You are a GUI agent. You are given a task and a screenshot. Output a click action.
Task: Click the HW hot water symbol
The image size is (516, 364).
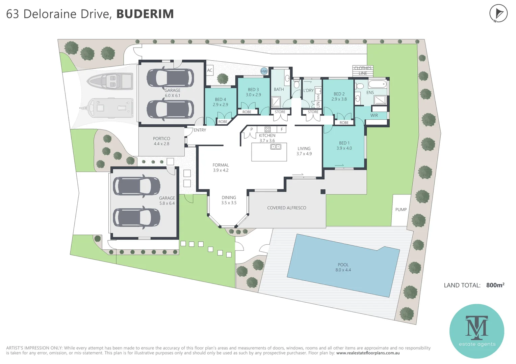pyautogui.click(x=264, y=71)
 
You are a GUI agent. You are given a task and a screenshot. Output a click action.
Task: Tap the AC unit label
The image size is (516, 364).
pyautogui.click(x=210, y=70)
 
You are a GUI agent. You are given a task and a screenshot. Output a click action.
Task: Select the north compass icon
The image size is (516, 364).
pyautogui.click(x=498, y=14)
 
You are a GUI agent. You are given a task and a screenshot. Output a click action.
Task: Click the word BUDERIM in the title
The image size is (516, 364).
pyautogui.click(x=145, y=14)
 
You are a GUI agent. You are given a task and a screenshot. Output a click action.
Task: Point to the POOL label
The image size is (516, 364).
pyautogui.click(x=343, y=265)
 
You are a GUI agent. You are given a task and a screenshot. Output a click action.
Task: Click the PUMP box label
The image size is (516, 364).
pyautogui.click(x=401, y=210)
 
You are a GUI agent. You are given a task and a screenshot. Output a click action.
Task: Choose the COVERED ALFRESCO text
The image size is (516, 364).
pyautogui.click(x=286, y=208)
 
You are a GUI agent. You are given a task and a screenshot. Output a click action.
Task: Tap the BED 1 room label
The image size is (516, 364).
pyautogui.click(x=344, y=143)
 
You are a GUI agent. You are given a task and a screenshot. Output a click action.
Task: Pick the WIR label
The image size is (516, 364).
pyautogui.click(x=374, y=115)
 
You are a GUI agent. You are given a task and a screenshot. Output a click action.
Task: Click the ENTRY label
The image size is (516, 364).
pyautogui.click(x=200, y=130)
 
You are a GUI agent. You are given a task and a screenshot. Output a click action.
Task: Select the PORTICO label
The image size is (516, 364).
pyautogui.click(x=161, y=139)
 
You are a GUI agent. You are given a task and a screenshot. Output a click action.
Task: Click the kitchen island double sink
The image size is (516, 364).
pyautogui.click(x=276, y=147)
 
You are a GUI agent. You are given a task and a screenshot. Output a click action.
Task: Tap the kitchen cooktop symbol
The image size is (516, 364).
pyautogui.click(x=267, y=129)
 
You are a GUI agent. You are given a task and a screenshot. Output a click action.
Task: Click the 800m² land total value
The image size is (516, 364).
pyautogui.click(x=495, y=285)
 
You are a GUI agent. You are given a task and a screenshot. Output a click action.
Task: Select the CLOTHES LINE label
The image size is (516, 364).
pyautogui.click(x=363, y=70)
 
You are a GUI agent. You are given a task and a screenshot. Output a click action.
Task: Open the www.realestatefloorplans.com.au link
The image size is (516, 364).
pyautogui.click(x=368, y=353)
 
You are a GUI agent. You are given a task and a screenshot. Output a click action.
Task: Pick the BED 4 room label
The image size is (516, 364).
pyautogui.click(x=220, y=99)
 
